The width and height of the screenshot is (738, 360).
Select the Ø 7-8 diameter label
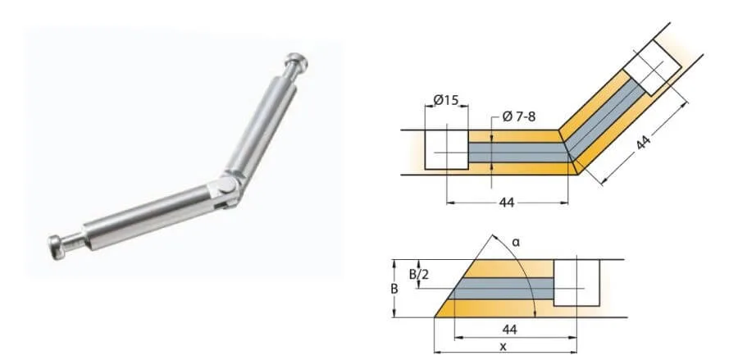point(517,116)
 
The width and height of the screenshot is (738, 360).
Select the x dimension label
point(501,348)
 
